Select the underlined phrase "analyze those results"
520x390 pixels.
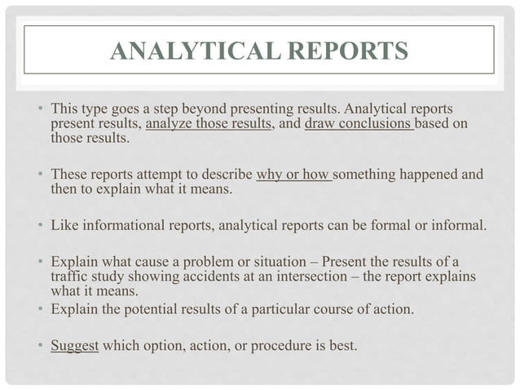208,124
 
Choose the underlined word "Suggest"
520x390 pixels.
75,345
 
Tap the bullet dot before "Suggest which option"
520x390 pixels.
40,346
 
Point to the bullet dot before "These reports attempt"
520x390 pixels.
40,175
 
